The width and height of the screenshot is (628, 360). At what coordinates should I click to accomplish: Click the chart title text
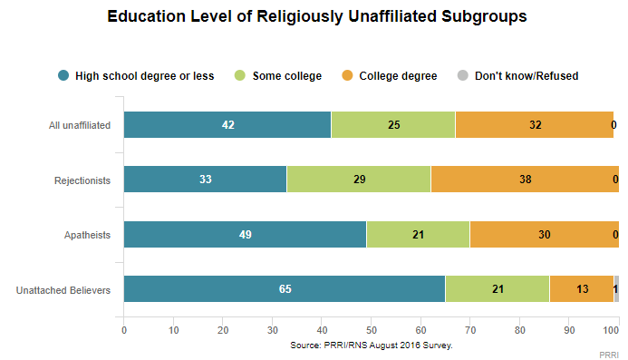point(316,16)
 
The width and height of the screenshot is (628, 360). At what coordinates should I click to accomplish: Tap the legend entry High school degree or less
point(136,75)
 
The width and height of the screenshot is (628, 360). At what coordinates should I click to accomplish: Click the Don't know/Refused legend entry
point(519,75)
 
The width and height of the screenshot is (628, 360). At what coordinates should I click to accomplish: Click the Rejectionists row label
point(82,180)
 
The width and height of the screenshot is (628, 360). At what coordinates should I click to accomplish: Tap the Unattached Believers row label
point(64,290)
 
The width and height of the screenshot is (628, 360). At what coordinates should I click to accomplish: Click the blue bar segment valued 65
point(284,289)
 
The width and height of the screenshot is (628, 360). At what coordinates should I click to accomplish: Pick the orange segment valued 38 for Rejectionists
point(525,180)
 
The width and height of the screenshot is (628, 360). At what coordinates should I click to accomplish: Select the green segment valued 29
point(358,180)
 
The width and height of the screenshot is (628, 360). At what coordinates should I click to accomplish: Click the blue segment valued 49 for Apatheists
point(245,235)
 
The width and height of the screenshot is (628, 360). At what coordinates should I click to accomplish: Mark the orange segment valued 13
point(581,289)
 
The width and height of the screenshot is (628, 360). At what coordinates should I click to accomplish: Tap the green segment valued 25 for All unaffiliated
point(393,125)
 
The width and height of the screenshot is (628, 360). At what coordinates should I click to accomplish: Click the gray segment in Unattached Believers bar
point(616,289)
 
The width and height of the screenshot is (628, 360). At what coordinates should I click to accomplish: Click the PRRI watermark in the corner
point(612,353)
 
